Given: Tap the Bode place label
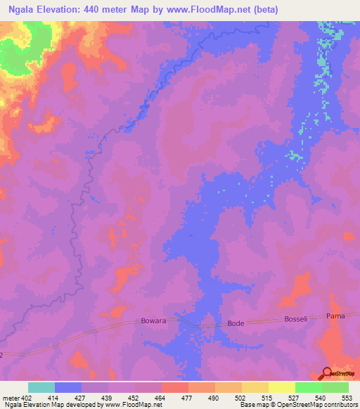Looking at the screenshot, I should tap(235, 323).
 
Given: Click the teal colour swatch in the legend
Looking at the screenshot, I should tap(41, 387).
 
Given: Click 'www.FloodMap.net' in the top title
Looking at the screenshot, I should tap(215, 10).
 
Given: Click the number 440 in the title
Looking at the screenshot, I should tap(92, 10).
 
